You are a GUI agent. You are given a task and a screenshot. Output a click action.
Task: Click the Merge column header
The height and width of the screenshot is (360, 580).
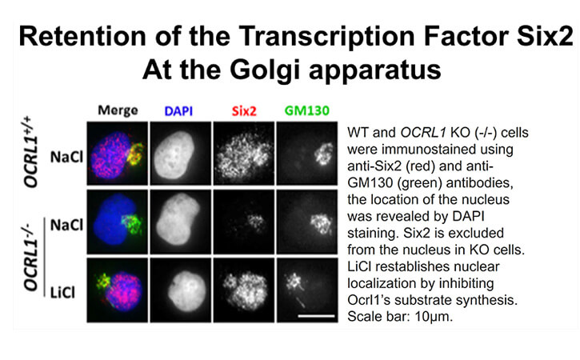118,110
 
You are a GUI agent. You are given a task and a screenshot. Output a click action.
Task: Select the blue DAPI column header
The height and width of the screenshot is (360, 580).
178,111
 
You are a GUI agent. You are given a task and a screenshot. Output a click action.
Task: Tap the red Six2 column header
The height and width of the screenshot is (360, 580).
244,111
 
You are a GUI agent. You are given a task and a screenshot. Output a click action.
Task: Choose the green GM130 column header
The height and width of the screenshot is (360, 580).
307,110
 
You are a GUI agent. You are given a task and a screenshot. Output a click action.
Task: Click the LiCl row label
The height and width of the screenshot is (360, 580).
62,293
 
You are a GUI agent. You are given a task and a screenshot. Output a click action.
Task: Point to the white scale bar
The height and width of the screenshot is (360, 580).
316,316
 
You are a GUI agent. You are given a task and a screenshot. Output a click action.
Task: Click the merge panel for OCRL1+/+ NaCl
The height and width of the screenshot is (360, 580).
118,153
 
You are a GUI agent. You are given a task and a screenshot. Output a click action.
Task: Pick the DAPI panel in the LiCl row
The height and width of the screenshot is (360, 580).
181,290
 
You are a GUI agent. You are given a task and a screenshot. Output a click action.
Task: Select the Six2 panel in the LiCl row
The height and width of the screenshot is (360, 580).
244,290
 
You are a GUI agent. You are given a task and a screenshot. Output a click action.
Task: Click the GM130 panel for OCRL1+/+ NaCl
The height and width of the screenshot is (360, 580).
307,153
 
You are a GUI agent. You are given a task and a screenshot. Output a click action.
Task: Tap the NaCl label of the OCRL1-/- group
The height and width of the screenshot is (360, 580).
66,225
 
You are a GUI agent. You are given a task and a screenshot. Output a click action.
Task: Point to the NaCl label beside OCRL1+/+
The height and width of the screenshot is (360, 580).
66,158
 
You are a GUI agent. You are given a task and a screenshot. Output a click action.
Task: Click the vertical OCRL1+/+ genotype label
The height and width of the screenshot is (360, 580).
31,152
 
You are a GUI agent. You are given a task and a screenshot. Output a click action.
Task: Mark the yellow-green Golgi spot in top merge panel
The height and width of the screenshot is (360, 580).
135,154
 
